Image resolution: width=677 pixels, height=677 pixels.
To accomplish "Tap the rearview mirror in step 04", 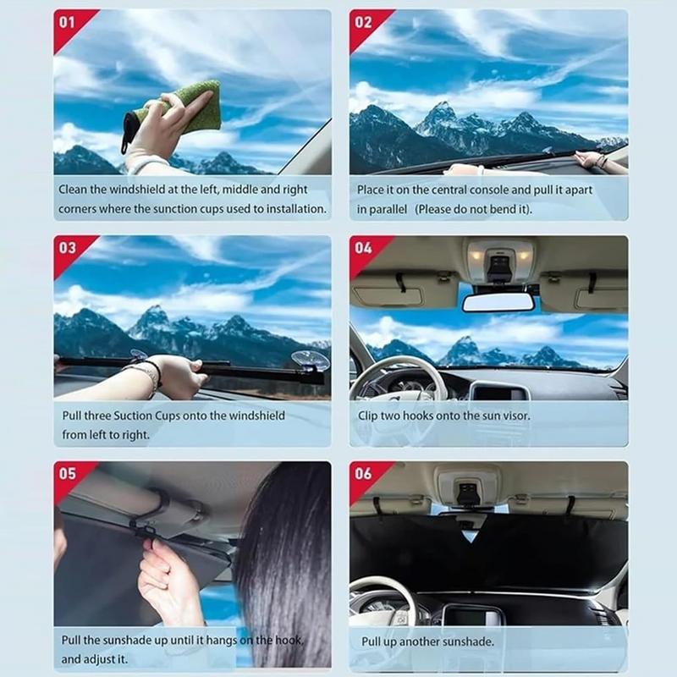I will click(498, 301).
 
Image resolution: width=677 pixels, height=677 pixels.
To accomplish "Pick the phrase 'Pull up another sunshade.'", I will click(427, 641).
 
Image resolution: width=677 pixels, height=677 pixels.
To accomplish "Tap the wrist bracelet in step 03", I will click(152, 372).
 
